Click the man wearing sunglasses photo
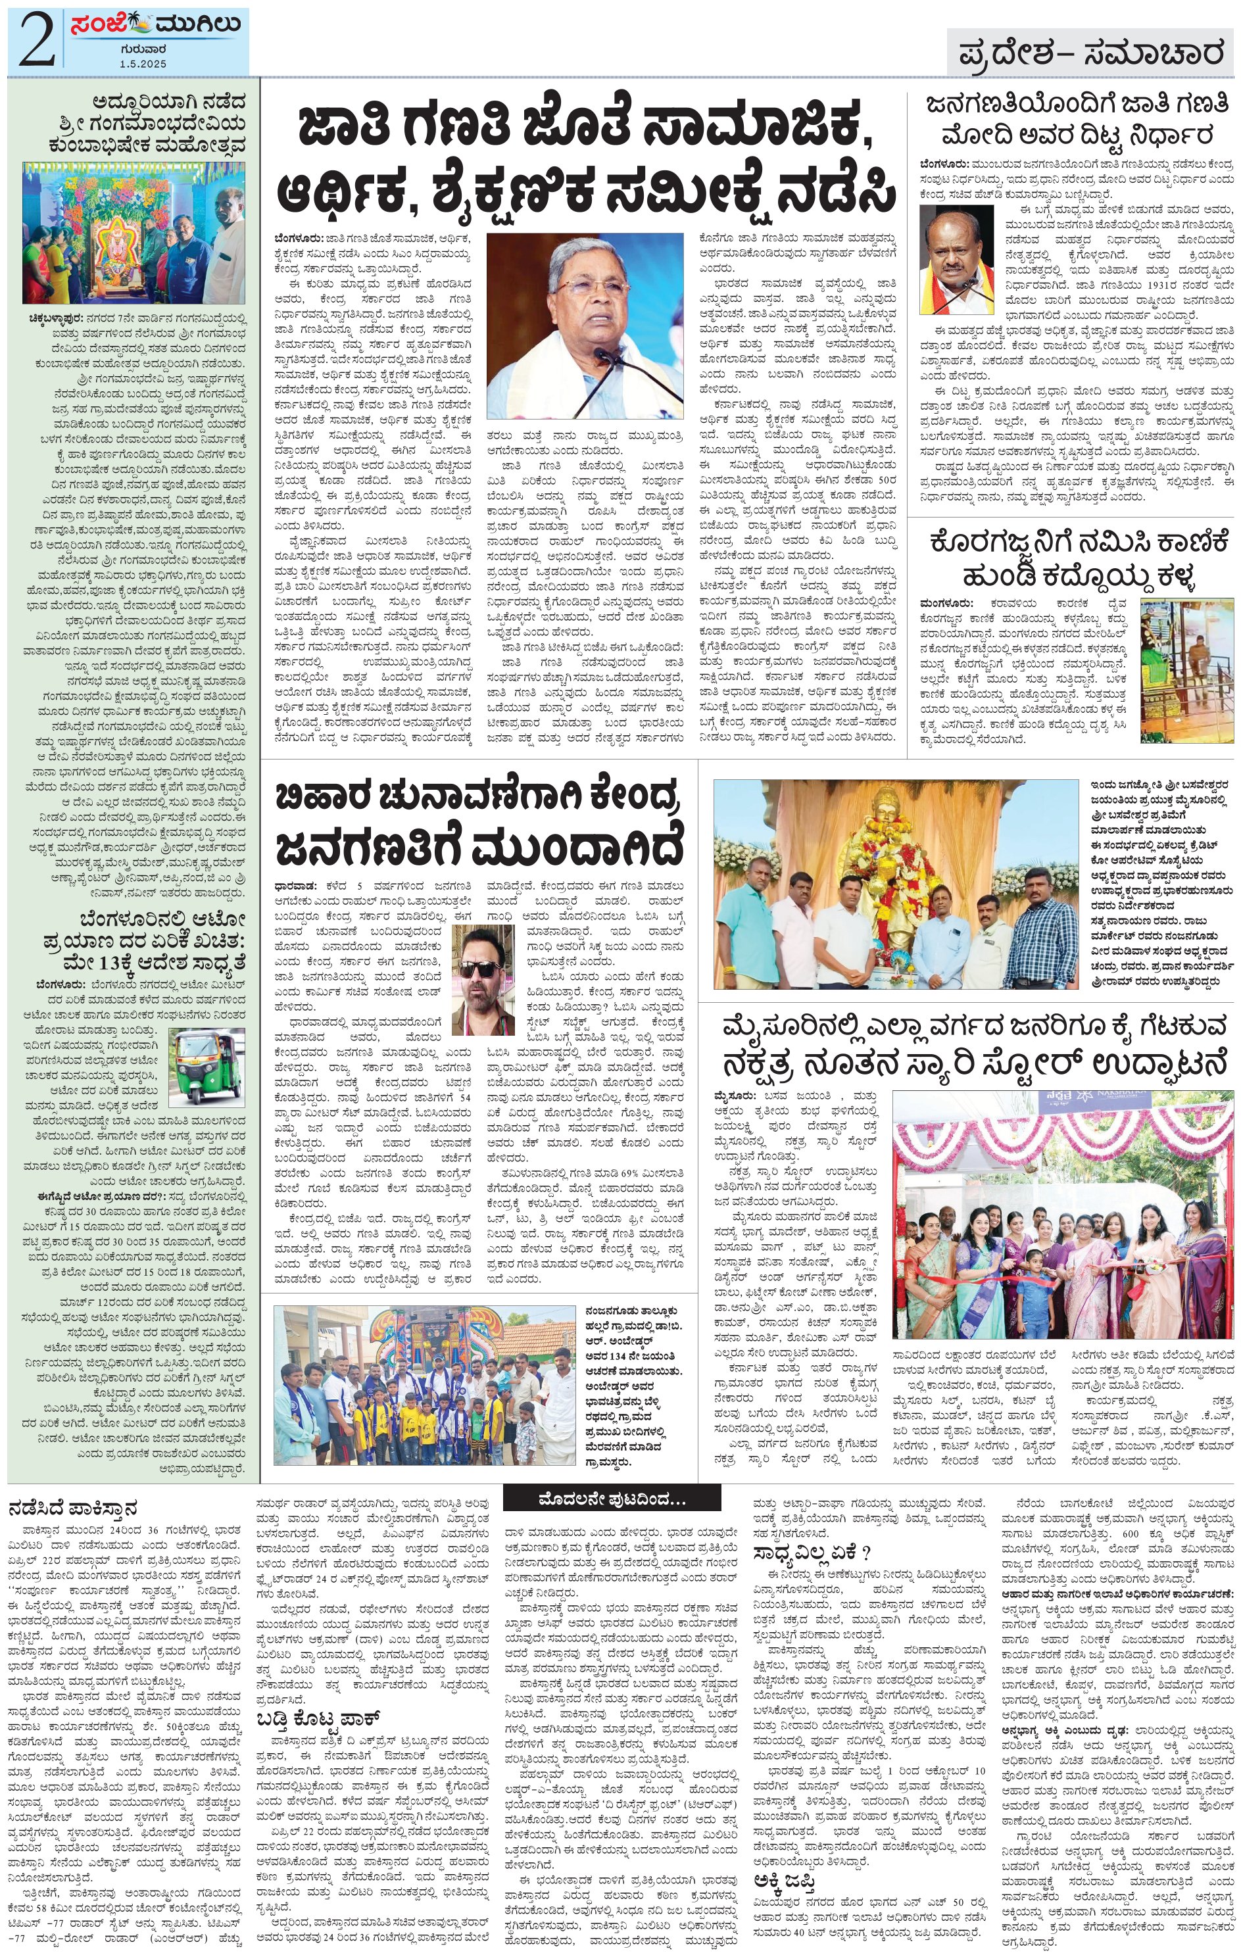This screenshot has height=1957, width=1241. point(483,978)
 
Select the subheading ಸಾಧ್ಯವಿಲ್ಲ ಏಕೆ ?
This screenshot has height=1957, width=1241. point(811,1553)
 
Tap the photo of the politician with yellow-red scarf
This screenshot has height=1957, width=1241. point(956,259)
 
